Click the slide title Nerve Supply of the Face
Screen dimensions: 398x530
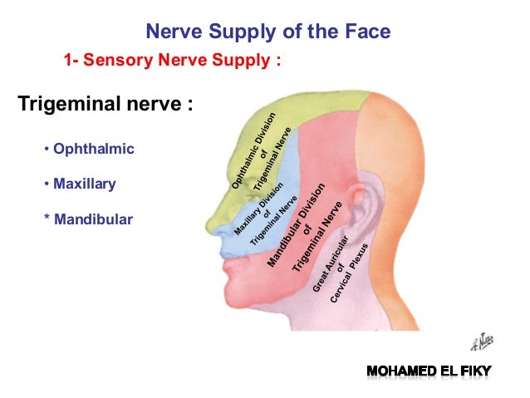(267, 32)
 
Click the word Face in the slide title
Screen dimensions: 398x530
(367, 32)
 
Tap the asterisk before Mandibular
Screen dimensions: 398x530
(47, 220)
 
